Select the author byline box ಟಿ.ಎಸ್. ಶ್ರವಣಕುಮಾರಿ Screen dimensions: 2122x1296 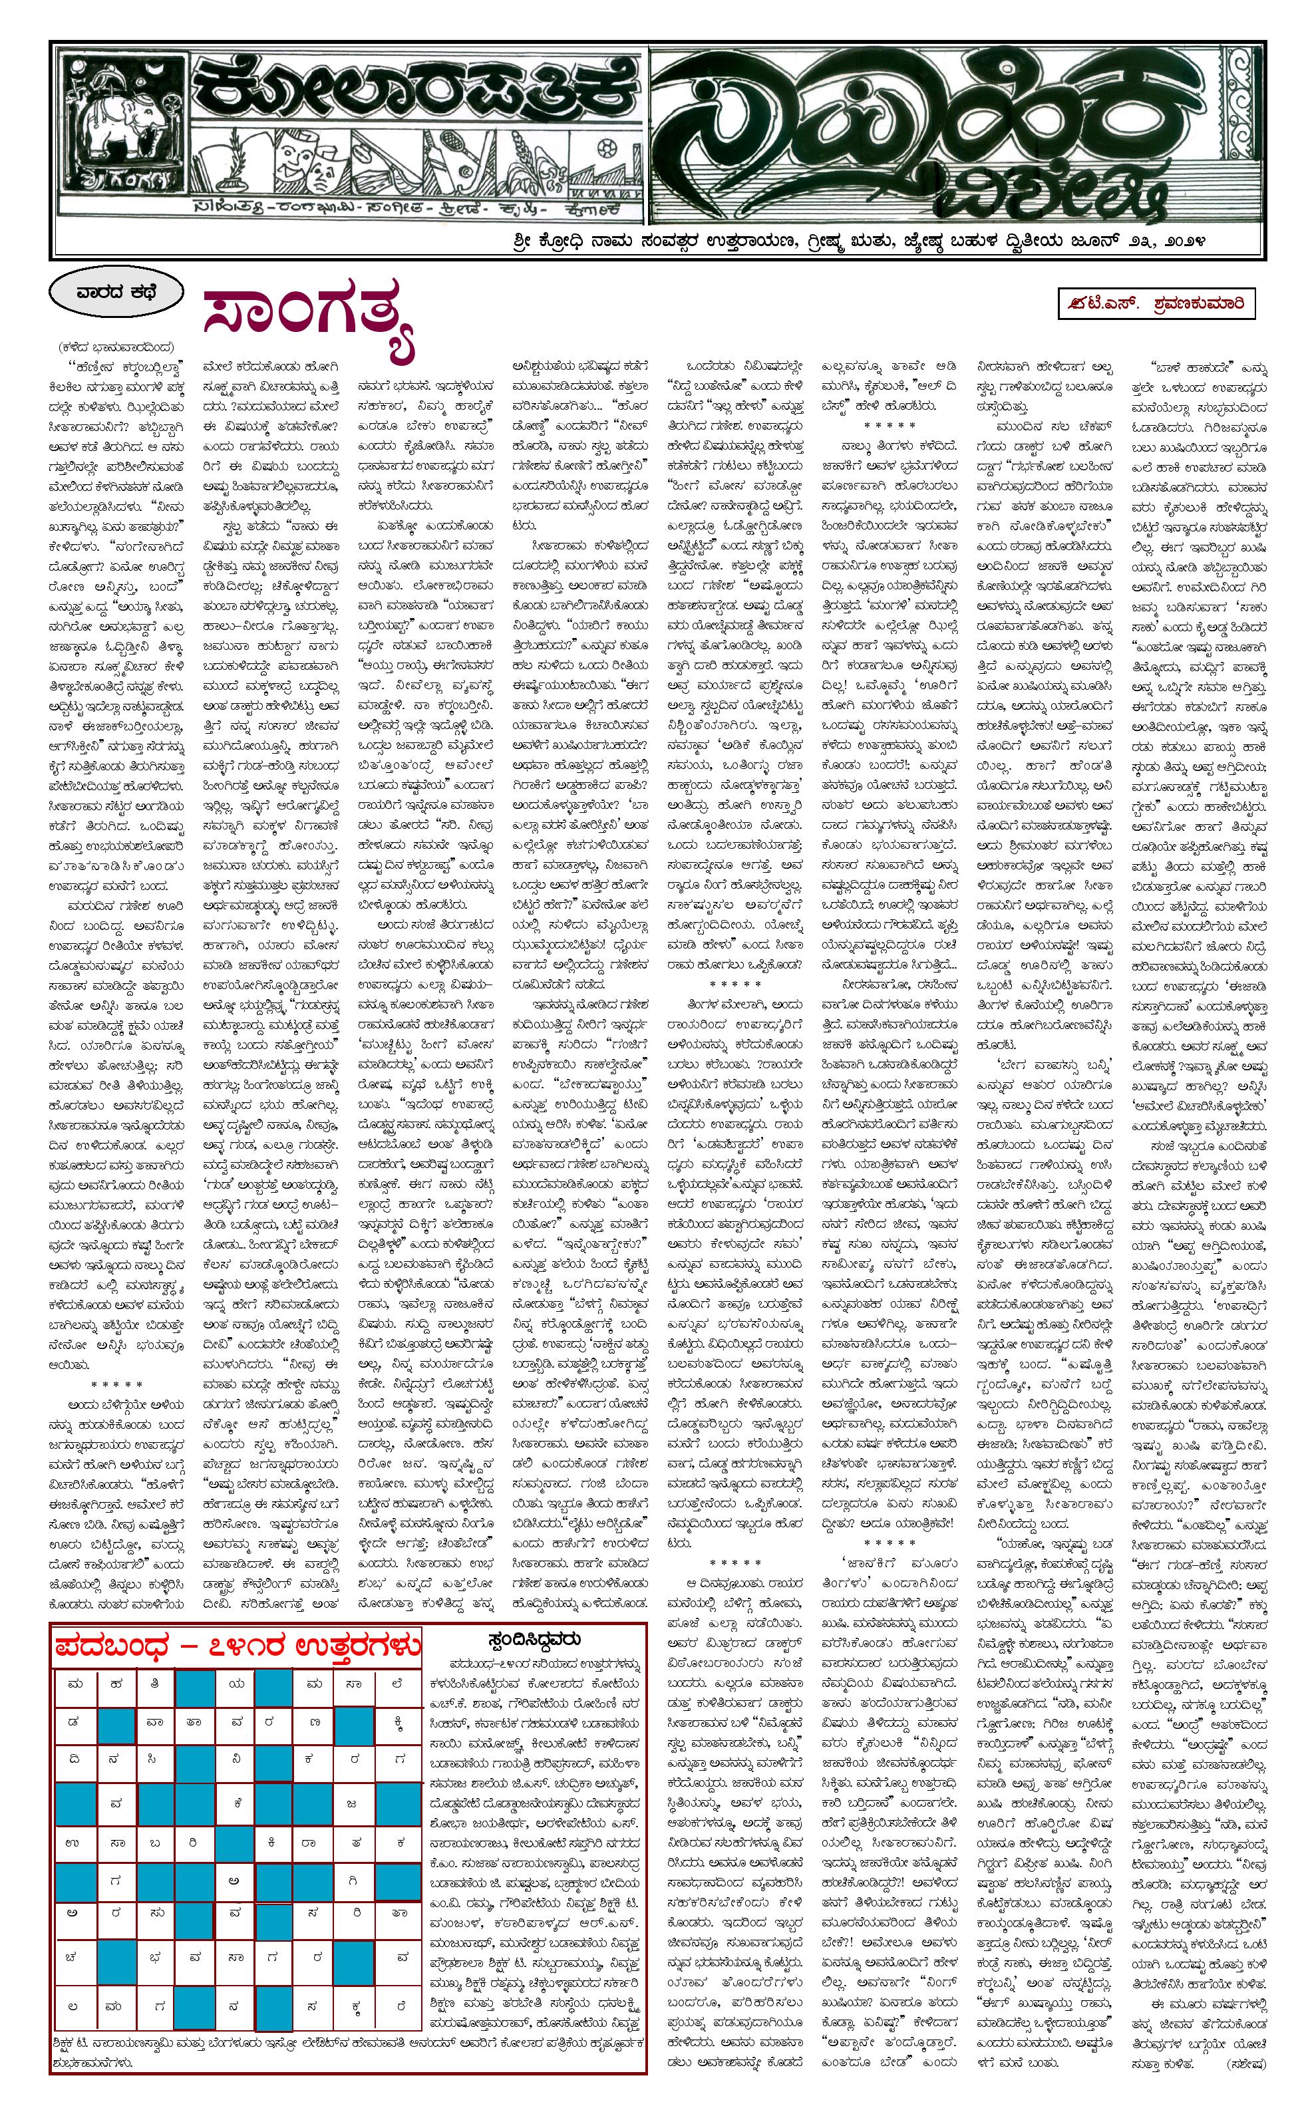[x=1156, y=303]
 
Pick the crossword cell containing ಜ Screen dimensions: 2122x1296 [x=351, y=1803]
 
